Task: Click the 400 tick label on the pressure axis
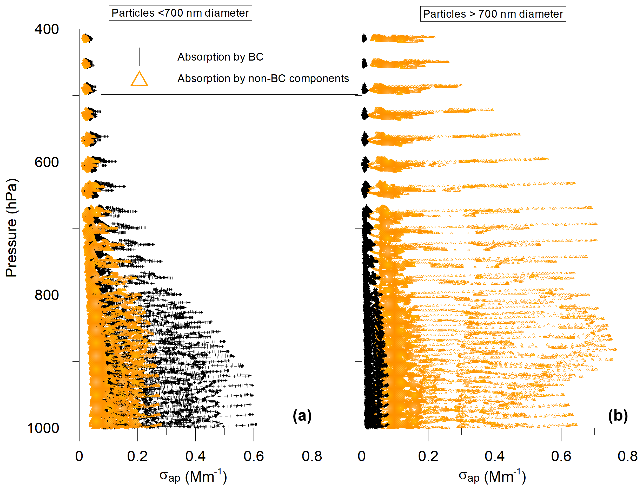pos(47,29)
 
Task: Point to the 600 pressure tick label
pos(47,162)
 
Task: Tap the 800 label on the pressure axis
pos(47,295)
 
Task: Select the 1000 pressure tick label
pos(43,428)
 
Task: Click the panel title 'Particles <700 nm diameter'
pos(180,13)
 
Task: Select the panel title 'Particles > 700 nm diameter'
pos(493,14)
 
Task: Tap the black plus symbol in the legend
pos(139,57)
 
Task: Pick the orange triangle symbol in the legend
pos(139,79)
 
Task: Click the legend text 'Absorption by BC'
pos(220,57)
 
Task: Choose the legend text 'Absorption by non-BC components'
pos(263,79)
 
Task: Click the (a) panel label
pos(302,416)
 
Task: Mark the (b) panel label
pos(618,416)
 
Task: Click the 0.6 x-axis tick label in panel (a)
pos(254,456)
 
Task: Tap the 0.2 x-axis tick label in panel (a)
pos(137,456)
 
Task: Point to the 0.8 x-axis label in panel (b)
pos(627,456)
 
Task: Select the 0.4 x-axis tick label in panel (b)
pos(494,456)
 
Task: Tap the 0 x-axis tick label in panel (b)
pos(361,456)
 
